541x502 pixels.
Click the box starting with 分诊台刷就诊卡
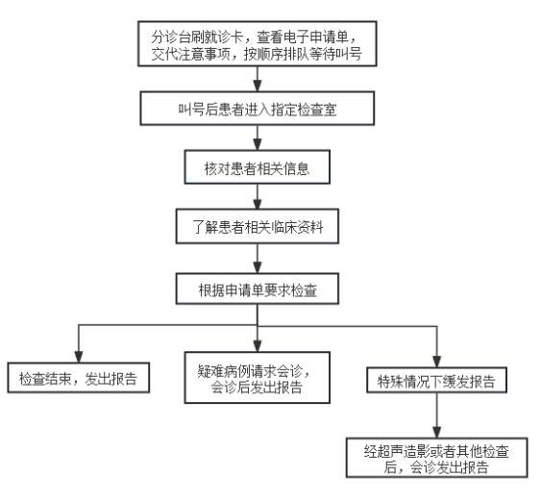[257, 43]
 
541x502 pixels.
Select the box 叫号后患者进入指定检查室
[257, 109]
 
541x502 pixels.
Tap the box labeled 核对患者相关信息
[257, 167]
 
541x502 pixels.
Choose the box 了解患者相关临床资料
[257, 226]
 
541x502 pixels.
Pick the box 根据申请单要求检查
[257, 289]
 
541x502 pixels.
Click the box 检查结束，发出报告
[79, 378]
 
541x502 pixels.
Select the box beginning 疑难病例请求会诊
[257, 377]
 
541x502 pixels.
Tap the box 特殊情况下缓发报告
[436, 380]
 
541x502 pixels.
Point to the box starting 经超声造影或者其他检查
[436, 458]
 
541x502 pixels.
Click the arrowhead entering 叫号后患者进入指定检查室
[257, 86]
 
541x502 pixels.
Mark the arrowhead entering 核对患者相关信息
[257, 144]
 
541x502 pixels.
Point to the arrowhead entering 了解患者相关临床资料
[257, 203]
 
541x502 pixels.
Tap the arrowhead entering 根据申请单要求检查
[257, 267]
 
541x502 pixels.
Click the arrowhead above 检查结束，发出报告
[79, 357]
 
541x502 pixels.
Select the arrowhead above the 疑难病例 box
[257, 346]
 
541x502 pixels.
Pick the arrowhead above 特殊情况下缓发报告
[436, 362]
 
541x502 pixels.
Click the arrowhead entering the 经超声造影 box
[436, 432]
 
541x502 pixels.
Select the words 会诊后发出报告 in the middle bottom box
[257, 387]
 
